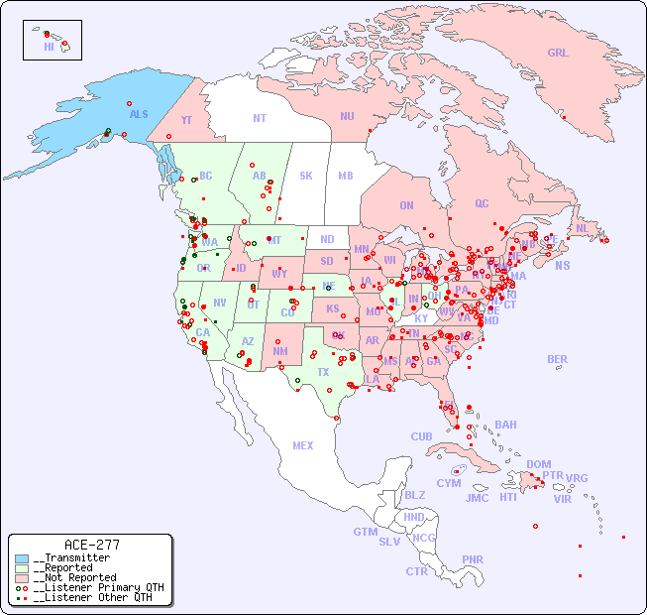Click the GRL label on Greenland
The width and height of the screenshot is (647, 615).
(x=558, y=54)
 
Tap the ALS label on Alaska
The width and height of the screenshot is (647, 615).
(x=139, y=114)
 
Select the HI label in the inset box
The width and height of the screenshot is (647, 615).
(x=49, y=47)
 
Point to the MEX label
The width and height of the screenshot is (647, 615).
(x=302, y=445)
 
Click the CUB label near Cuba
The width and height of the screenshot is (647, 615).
(x=421, y=436)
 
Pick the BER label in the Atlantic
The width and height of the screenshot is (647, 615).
(x=557, y=359)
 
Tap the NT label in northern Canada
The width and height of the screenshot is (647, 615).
(x=259, y=118)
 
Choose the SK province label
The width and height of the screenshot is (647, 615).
(x=306, y=176)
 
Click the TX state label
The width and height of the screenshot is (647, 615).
(x=323, y=372)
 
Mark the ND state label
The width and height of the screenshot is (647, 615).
(x=327, y=239)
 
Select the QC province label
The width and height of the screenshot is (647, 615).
(x=482, y=203)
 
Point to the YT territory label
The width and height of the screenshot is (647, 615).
(x=186, y=120)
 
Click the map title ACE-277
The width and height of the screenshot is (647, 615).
(x=91, y=545)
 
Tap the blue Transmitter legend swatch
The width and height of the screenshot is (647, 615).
(x=22, y=558)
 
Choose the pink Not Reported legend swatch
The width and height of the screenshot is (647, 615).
(x=22, y=577)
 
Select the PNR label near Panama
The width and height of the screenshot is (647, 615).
(x=473, y=559)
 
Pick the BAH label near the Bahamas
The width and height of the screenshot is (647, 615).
(x=505, y=425)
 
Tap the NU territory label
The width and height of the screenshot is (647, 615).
(x=347, y=116)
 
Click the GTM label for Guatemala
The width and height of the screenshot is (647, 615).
(x=365, y=532)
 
